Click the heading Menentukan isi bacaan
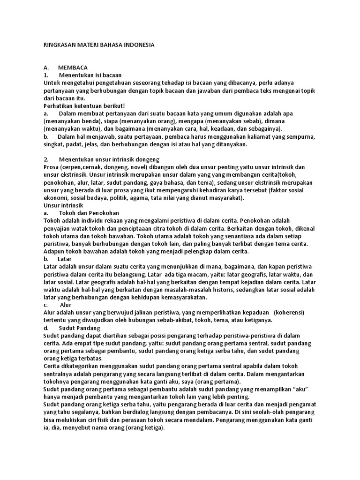(x=90, y=75)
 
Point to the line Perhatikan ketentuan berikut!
(x=78, y=106)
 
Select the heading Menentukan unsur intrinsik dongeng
(x=109, y=159)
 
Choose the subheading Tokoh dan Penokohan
(x=89, y=213)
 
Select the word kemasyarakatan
(x=180, y=297)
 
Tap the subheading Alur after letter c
(x=66, y=305)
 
